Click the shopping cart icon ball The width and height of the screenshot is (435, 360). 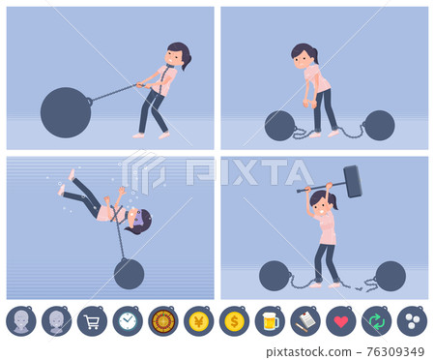click(x=92, y=321)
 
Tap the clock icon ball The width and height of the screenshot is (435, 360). click(x=128, y=321)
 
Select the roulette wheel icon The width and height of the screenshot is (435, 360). click(x=163, y=321)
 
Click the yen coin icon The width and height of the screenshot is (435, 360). click(x=199, y=321)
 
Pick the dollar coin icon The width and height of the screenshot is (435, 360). click(x=234, y=321)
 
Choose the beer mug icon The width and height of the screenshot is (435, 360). click(x=270, y=321)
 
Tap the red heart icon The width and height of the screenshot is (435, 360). click(x=341, y=321)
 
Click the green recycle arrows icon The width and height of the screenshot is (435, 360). click(x=377, y=321)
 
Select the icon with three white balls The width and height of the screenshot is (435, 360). click(x=412, y=321)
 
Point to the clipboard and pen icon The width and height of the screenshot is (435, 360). click(x=305, y=321)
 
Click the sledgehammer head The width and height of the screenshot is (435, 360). click(x=353, y=181)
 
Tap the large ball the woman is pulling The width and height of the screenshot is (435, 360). click(x=66, y=112)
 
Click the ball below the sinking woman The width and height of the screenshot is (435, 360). click(x=129, y=274)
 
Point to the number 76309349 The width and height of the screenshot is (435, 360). click(x=395, y=351)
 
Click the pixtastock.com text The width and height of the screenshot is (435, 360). click(x=308, y=351)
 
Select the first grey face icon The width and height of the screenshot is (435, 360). click(x=21, y=321)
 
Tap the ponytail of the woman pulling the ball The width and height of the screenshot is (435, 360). click(x=187, y=62)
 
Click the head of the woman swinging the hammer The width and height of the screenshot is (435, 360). click(x=321, y=201)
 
